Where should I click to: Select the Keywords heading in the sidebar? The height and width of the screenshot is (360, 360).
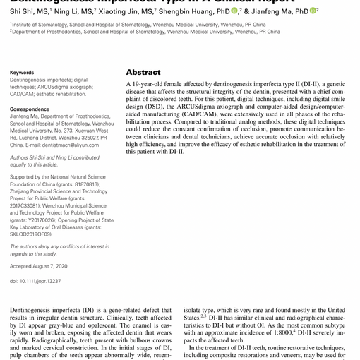(22, 73)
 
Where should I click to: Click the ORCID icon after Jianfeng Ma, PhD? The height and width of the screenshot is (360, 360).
(313, 11)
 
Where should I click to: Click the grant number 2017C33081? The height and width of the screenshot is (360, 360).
(29, 205)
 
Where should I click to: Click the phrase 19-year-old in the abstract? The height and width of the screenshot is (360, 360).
(149, 84)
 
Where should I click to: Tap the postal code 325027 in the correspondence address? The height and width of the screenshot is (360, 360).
(84, 138)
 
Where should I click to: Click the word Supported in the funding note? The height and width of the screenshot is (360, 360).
(25, 177)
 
